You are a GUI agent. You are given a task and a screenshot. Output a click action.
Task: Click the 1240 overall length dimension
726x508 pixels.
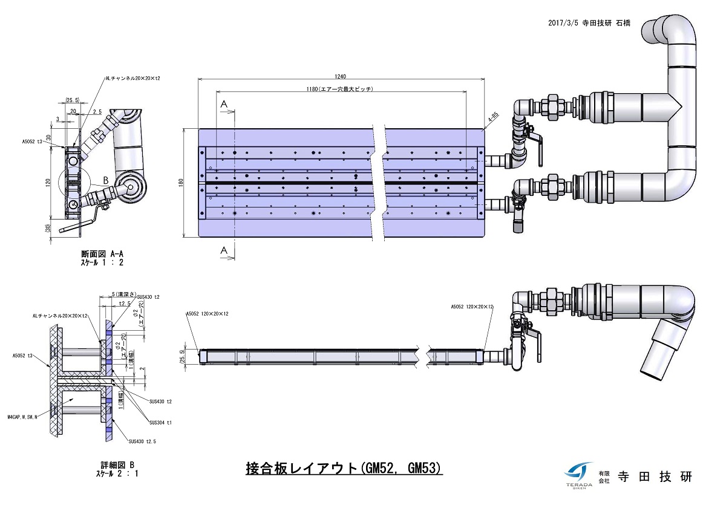pos(340,76)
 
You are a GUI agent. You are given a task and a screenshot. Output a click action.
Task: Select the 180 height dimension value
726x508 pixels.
pos(181,183)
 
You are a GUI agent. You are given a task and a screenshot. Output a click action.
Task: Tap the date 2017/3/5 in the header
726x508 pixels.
pos(563,22)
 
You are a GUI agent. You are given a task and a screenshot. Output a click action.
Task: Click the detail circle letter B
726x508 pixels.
pos(105,180)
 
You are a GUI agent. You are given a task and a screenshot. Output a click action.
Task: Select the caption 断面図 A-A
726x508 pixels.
pos(105,254)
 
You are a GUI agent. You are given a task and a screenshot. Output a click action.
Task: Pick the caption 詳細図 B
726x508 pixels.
pos(117,464)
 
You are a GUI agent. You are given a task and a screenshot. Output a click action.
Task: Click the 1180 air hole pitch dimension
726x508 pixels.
pos(340,90)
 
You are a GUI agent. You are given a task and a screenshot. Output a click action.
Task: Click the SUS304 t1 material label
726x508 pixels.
pos(160,423)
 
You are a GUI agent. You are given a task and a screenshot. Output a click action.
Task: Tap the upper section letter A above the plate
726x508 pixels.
pos(223,105)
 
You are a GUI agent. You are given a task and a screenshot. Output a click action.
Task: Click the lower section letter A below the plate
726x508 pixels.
pos(223,250)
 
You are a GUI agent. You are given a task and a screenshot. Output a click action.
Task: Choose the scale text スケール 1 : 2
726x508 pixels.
pos(105,263)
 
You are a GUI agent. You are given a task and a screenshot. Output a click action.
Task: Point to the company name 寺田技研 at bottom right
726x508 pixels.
pos(653,477)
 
